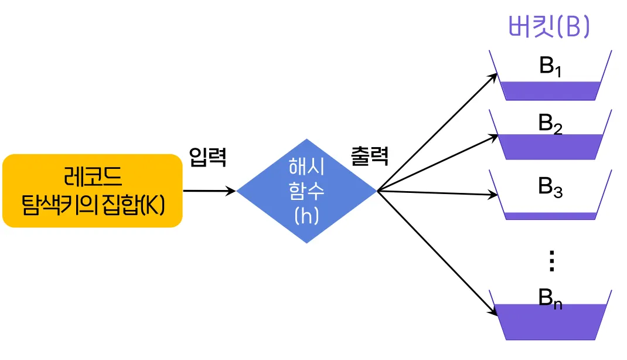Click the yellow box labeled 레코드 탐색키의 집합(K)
[93, 191]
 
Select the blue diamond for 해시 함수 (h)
[306, 191]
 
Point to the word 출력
[369, 157]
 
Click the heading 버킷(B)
[549, 27]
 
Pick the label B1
[550, 67]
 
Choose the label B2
[550, 124]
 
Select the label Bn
[550, 298]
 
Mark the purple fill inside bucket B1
[550, 91]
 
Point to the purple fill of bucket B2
[550, 147]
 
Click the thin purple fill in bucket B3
[550, 216]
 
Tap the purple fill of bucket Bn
[550, 322]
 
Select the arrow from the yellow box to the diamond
[210, 191]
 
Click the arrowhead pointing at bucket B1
[494, 76]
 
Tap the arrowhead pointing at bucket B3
[493, 194]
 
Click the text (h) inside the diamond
[306, 216]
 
